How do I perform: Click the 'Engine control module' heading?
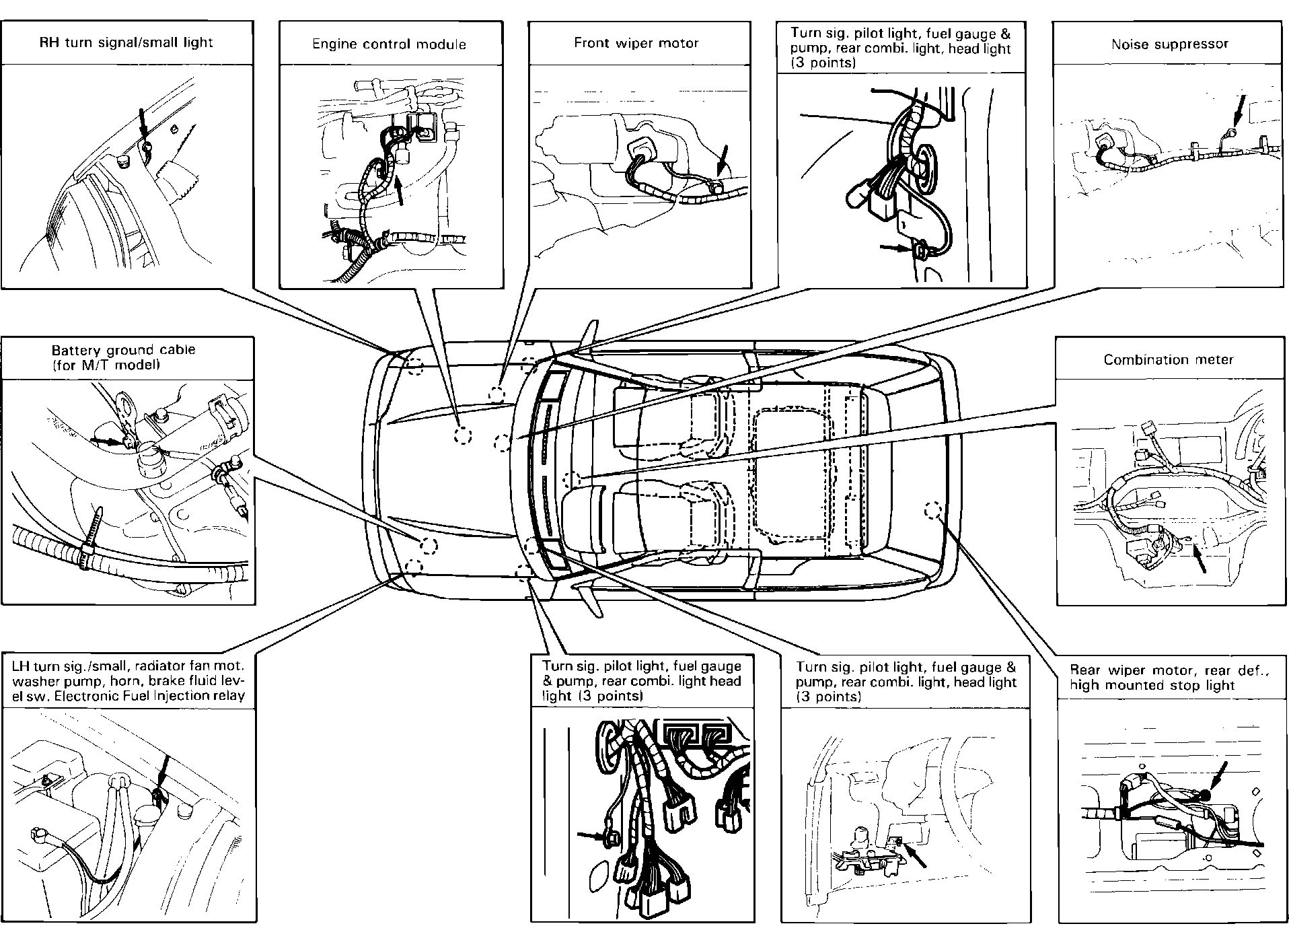pyautogui.click(x=389, y=44)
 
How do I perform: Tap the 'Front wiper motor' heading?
pyautogui.click(x=636, y=43)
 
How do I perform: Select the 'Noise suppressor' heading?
pyautogui.click(x=1169, y=44)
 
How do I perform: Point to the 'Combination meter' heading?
pyautogui.click(x=1169, y=359)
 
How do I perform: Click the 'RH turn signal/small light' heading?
pyautogui.click(x=126, y=42)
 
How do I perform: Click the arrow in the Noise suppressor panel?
pyautogui.click(x=1238, y=111)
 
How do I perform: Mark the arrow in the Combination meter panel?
pyautogui.click(x=1199, y=559)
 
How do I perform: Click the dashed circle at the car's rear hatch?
pyautogui.click(x=932, y=511)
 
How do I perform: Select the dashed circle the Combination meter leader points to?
pyautogui.click(x=571, y=480)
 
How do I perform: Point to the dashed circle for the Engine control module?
pyautogui.click(x=462, y=435)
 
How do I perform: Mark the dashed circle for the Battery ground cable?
pyautogui.click(x=429, y=545)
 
